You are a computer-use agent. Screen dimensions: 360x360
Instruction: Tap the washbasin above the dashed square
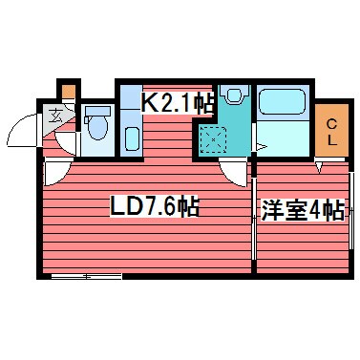(233, 96)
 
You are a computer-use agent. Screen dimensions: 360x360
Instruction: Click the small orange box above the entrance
(67, 92)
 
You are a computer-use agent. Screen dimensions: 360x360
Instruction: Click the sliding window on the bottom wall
(86, 276)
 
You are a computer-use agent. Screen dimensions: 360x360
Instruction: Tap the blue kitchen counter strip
(130, 124)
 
